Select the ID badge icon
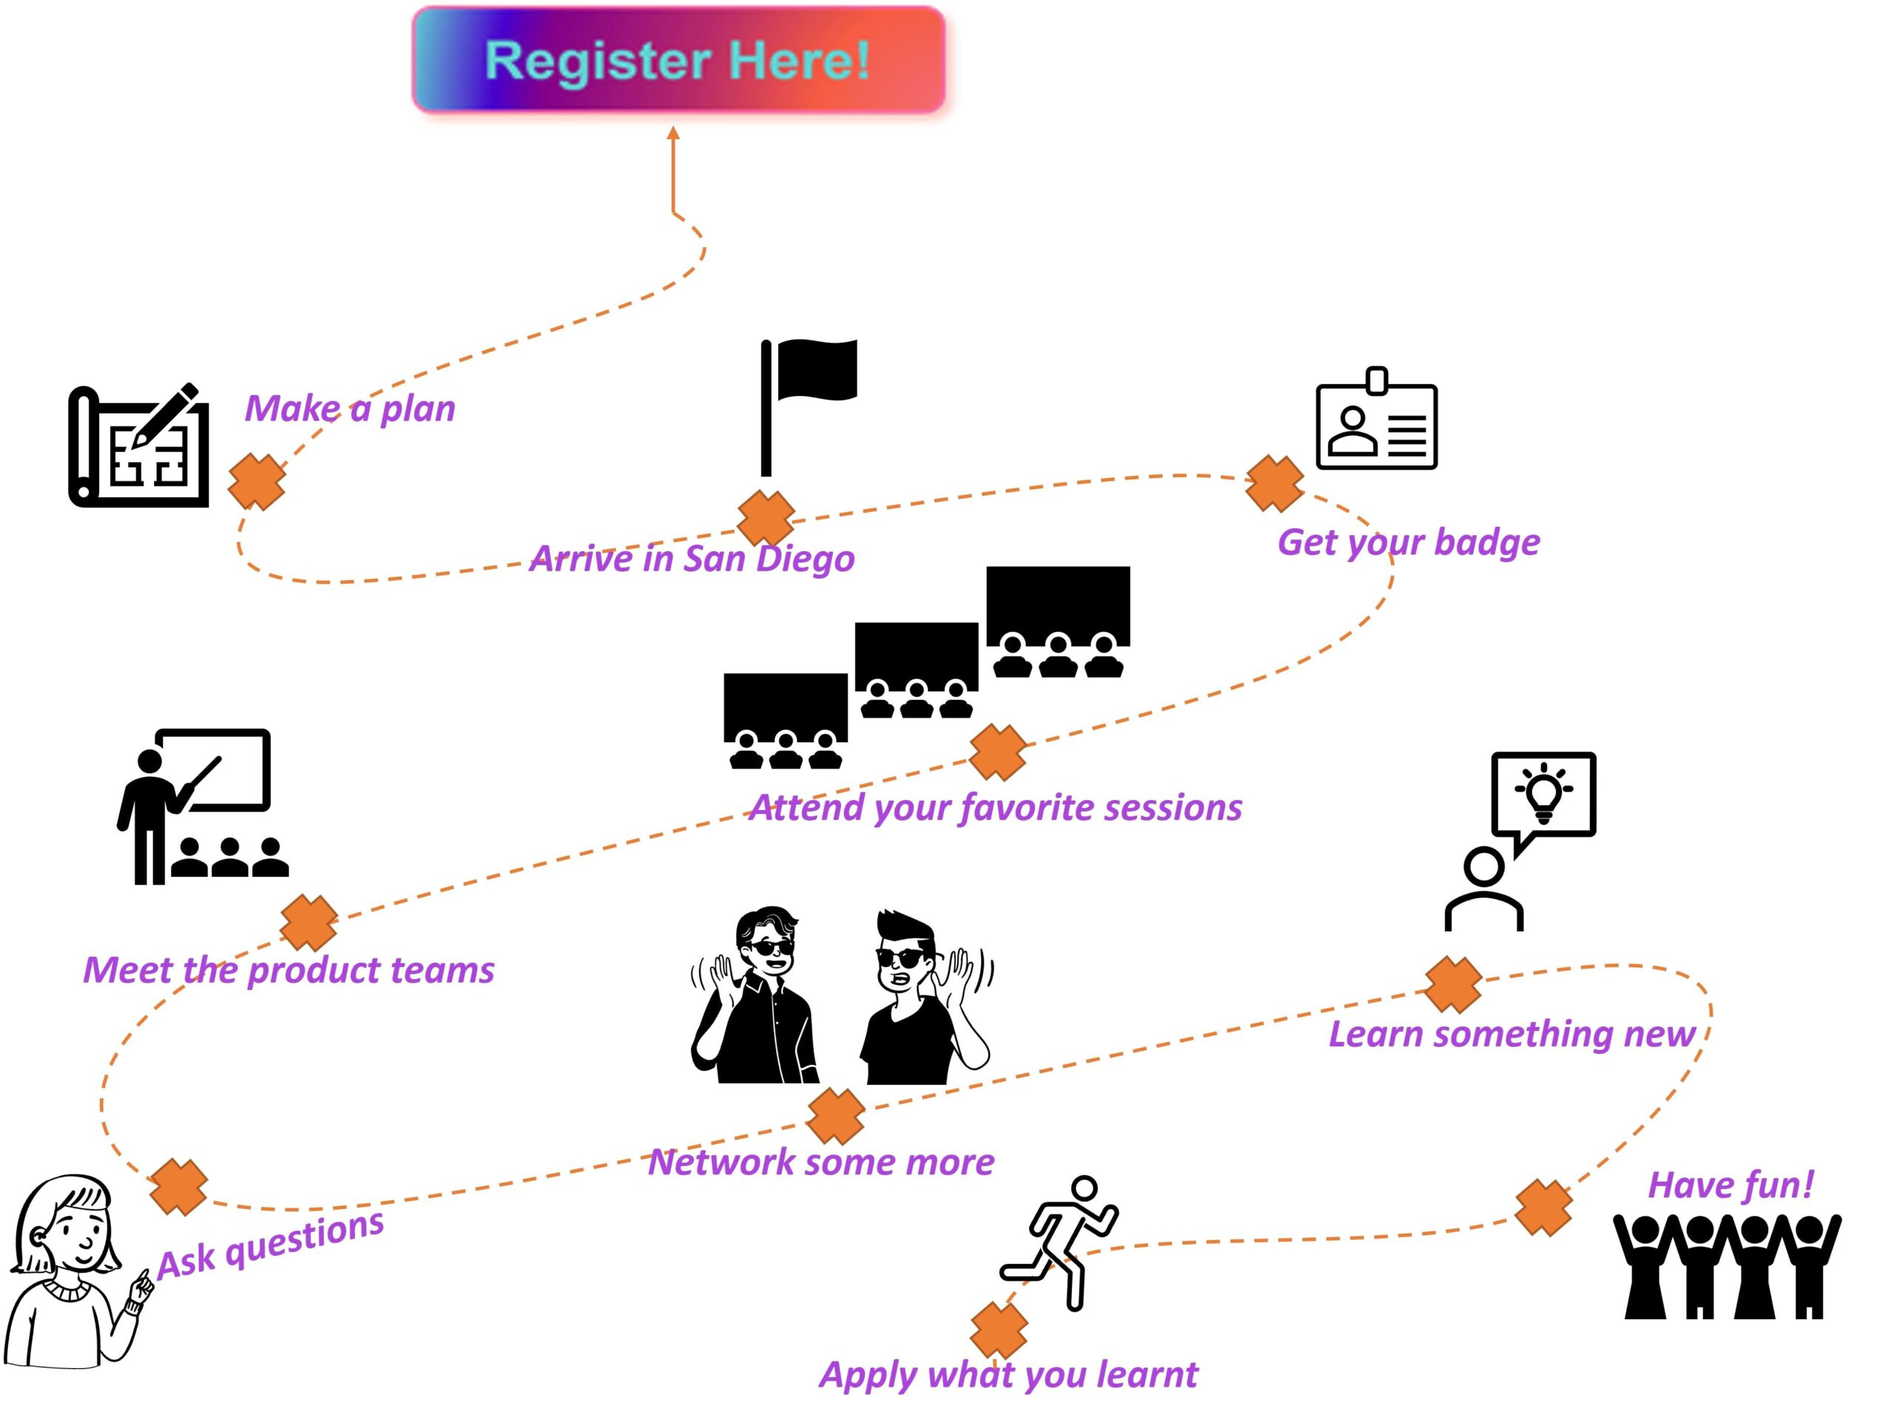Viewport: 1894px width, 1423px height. pyautogui.click(x=1376, y=422)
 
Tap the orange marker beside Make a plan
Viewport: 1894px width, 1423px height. pyautogui.click(x=257, y=481)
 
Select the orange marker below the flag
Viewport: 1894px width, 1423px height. pyautogui.click(x=766, y=517)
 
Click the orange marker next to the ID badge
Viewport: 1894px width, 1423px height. pyautogui.click(x=1274, y=483)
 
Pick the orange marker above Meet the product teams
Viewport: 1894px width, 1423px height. pyautogui.click(x=309, y=922)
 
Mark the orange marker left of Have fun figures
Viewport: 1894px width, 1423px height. pyautogui.click(x=1543, y=1207)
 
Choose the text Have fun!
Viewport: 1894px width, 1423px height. pyautogui.click(x=1730, y=1185)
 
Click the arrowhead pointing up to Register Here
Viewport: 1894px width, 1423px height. pyautogui.click(x=673, y=133)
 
